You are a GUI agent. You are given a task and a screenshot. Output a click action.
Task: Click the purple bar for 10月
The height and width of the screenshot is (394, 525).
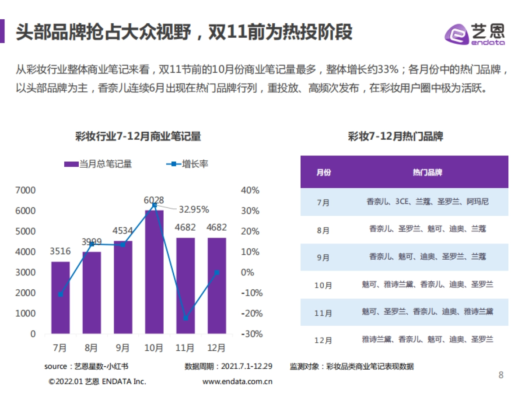[x=154, y=271]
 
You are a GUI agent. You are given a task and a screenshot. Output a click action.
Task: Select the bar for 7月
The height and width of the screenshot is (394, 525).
[x=60, y=298]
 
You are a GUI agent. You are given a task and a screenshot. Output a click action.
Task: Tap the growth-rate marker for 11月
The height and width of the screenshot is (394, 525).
[x=185, y=318]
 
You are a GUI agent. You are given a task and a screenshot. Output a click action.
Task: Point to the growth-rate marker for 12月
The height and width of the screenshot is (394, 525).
[x=217, y=272]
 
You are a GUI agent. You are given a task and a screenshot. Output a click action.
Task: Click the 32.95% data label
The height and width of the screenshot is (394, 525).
[x=193, y=210]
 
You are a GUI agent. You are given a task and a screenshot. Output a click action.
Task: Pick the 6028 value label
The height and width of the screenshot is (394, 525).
[x=154, y=200]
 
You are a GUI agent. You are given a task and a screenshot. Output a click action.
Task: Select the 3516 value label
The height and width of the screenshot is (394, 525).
[x=60, y=252]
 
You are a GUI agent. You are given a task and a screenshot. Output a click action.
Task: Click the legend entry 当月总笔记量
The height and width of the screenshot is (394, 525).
[x=98, y=164]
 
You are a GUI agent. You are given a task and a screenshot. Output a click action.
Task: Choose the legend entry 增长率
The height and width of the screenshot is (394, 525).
[x=187, y=164]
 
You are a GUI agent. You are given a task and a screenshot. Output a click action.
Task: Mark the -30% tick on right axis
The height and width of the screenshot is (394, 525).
[x=252, y=334]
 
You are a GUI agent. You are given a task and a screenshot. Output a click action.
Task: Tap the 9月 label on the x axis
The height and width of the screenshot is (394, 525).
[x=123, y=348]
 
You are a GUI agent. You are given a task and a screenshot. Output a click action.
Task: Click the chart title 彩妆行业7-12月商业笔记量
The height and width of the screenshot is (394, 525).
[x=138, y=136]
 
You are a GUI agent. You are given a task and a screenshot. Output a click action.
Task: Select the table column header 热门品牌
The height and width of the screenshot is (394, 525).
[x=427, y=172]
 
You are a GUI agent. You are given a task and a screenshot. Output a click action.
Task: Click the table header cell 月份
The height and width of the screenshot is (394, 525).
[x=323, y=172]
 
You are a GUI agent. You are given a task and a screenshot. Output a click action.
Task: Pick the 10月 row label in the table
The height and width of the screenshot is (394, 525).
[x=323, y=285]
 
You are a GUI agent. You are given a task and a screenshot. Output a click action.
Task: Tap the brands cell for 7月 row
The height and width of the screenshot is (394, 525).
[x=427, y=202]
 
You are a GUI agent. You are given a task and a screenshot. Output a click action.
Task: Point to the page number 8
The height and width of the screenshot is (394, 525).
[x=501, y=375]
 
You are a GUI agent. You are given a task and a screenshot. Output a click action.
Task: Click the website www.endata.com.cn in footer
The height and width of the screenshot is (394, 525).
[x=237, y=381]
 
